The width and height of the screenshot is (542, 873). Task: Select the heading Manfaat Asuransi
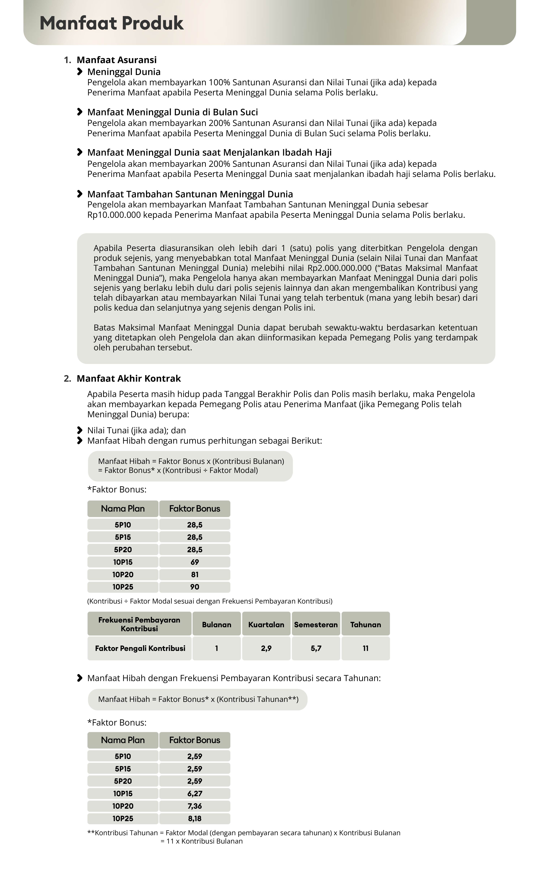coord(117,60)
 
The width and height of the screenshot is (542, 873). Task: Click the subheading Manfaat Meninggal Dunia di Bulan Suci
coord(172,112)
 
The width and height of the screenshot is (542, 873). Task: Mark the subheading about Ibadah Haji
coord(209,153)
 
